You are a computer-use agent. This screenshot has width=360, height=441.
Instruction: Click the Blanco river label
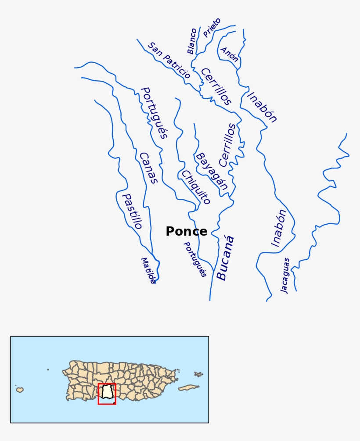tap(192, 41)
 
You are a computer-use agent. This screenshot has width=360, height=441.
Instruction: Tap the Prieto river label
tap(212, 28)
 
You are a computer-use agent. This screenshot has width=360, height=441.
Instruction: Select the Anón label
tap(229, 54)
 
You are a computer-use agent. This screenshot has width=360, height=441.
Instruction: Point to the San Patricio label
tap(169, 61)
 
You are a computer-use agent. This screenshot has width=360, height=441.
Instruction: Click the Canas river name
tap(148, 168)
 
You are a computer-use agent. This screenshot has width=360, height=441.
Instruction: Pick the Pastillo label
tap(132, 212)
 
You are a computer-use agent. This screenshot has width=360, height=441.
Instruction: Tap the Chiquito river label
tap(196, 187)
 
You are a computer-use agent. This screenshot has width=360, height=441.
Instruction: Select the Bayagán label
tap(212, 171)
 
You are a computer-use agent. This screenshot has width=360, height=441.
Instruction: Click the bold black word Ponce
tap(186, 232)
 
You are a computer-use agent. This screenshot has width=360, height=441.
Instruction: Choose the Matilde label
tap(148, 270)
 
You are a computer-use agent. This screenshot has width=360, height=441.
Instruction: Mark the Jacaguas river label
tap(285, 275)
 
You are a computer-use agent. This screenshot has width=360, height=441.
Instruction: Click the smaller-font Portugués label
tap(194, 259)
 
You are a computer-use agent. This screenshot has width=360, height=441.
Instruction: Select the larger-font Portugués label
tap(154, 113)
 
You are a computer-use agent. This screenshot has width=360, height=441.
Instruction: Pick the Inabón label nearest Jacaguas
tap(278, 228)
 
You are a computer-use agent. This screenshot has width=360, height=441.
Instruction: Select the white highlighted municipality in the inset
tap(107, 392)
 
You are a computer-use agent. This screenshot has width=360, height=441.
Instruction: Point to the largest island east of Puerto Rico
tap(189, 388)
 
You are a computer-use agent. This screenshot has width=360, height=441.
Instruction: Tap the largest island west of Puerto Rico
tap(19, 389)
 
